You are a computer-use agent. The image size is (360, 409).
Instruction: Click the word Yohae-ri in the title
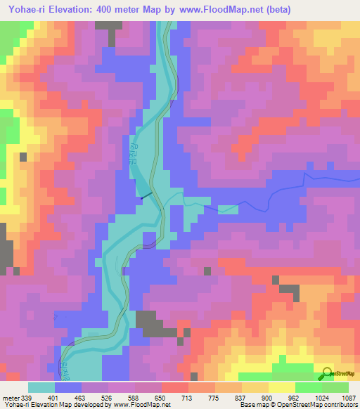tap(28, 10)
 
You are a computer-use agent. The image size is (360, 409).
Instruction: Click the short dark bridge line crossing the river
tap(146, 197)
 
